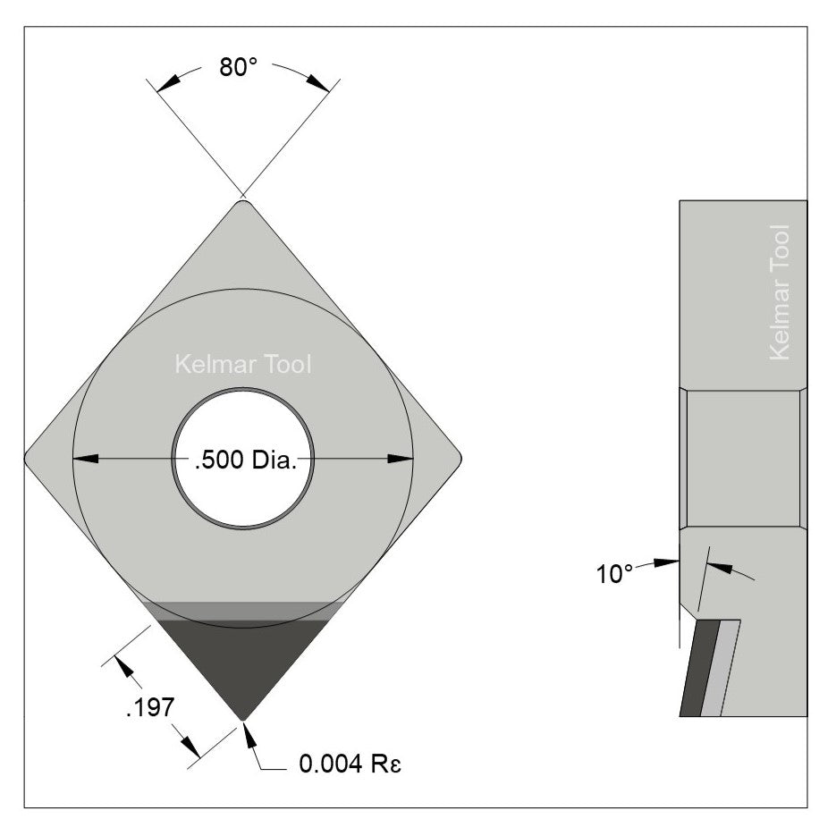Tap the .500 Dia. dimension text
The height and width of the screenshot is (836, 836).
tap(242, 460)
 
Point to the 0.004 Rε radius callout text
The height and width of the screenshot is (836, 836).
tap(346, 764)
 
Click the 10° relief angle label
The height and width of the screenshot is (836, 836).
tap(615, 573)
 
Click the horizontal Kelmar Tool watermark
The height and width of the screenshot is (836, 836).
tap(242, 365)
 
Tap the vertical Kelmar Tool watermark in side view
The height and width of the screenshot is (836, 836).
tap(780, 292)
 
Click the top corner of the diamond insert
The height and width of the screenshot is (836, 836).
tap(242, 204)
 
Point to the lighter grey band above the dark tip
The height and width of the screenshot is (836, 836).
tap(242, 610)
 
